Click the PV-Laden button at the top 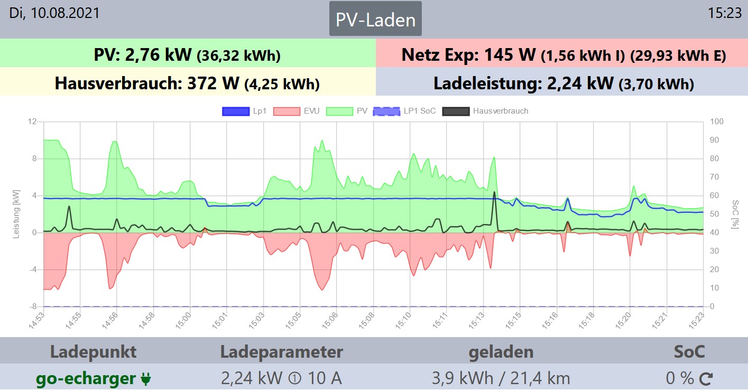[375, 20]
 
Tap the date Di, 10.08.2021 [54, 13]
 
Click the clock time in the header [725, 13]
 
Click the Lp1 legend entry [244, 111]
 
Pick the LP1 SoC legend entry [404, 111]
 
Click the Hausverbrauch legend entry [485, 111]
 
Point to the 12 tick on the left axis [32, 122]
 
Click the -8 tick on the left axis [32, 306]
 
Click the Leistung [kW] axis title [16, 215]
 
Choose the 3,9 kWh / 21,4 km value [501, 379]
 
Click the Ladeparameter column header [281, 352]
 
